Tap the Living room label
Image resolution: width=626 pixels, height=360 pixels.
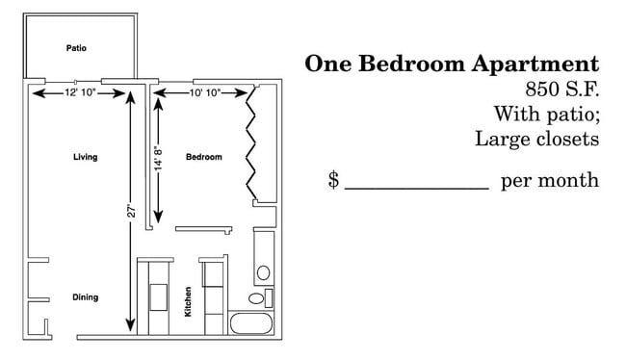85,157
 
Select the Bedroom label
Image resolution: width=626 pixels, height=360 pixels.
204,157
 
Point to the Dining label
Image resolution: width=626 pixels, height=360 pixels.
85,297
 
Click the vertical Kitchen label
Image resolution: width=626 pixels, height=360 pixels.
189,302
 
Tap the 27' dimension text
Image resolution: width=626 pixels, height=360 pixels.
131,210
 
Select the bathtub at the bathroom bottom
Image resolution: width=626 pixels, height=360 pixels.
252,323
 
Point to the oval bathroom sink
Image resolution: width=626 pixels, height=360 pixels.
263,272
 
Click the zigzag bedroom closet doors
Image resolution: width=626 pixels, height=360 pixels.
255,142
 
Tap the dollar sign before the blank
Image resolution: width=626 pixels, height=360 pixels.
333,180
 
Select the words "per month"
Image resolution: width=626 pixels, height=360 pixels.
550,181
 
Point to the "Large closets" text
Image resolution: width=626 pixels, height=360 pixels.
537,139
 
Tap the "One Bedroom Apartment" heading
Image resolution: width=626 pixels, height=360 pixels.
452,64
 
